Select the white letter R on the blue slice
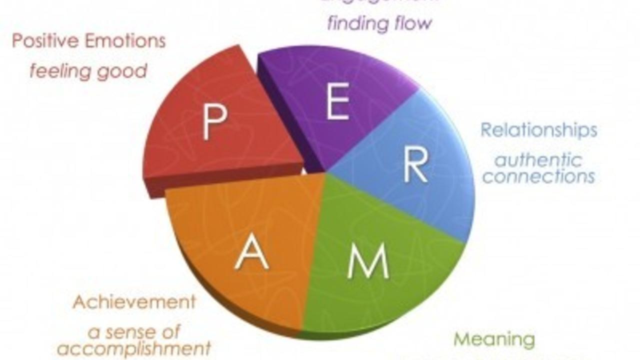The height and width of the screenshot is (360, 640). pyautogui.click(x=415, y=165)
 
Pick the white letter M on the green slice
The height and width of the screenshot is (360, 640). pyautogui.click(x=368, y=261)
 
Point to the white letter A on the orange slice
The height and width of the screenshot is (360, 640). pyautogui.click(x=251, y=252)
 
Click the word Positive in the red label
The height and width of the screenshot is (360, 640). pyautogui.click(x=45, y=41)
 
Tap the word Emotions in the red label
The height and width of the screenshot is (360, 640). pyautogui.click(x=125, y=41)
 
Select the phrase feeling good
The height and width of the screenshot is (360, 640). pyautogui.click(x=88, y=71)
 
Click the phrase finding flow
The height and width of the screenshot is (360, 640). pyautogui.click(x=379, y=23)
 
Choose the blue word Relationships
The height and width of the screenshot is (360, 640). pyautogui.click(x=538, y=130)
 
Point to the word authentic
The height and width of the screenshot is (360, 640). pyautogui.click(x=538, y=160)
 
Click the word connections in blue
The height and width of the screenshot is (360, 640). pyautogui.click(x=538, y=176)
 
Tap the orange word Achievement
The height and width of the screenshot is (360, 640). pyautogui.click(x=134, y=302)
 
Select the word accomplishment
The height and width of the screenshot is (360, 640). pyautogui.click(x=133, y=348)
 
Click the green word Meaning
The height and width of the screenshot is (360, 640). pyautogui.click(x=494, y=339)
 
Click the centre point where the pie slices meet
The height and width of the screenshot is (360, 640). pyautogui.click(x=326, y=173)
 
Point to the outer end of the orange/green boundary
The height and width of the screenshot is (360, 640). pyautogui.click(x=302, y=330)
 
